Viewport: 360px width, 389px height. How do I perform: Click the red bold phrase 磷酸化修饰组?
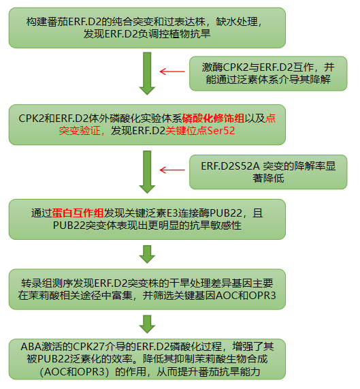click(213, 119)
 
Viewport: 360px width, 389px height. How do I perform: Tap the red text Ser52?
click(221, 131)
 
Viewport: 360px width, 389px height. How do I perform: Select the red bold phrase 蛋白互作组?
click(78, 213)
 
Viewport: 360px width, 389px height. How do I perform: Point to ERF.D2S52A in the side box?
click(230, 166)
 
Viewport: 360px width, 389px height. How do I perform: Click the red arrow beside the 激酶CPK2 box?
click(172, 72)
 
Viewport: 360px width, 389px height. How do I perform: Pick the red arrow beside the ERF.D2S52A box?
click(172, 170)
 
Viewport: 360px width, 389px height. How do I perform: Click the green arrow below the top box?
click(147, 74)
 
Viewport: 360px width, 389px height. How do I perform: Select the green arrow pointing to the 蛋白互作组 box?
click(147, 172)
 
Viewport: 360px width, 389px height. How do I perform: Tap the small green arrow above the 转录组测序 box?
click(147, 254)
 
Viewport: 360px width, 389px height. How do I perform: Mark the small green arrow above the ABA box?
click(147, 324)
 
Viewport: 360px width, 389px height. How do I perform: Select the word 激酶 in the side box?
click(212, 67)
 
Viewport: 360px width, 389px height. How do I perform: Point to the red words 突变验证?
click(80, 131)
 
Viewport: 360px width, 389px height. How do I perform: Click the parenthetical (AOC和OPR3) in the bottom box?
click(74, 372)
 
